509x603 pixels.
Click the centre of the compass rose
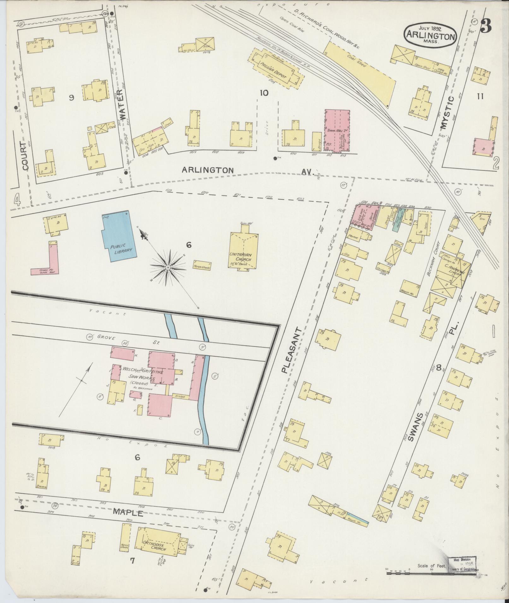click(168, 267)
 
